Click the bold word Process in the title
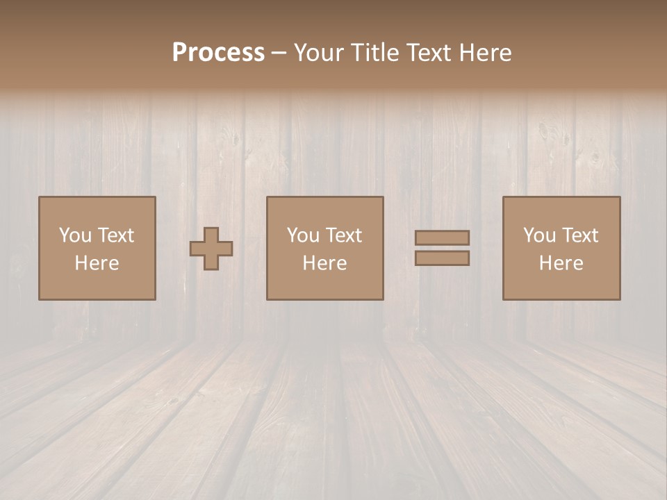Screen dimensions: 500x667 (218, 53)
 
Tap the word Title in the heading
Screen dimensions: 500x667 (373, 53)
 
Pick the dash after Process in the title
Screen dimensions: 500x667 (279, 53)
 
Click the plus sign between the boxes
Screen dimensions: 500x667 (211, 249)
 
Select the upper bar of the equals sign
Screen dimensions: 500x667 (442, 237)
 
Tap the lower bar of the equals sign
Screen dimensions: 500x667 (442, 258)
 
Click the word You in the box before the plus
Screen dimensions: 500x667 (74, 235)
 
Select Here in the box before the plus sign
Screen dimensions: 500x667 (97, 263)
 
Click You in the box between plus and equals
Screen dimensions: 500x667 (302, 235)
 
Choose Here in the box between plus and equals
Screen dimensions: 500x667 (324, 263)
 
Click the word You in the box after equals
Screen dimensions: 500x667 (538, 235)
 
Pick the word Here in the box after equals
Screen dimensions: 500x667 (561, 263)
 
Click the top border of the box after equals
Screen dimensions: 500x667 (561, 197)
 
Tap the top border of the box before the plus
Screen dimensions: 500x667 (97, 197)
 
